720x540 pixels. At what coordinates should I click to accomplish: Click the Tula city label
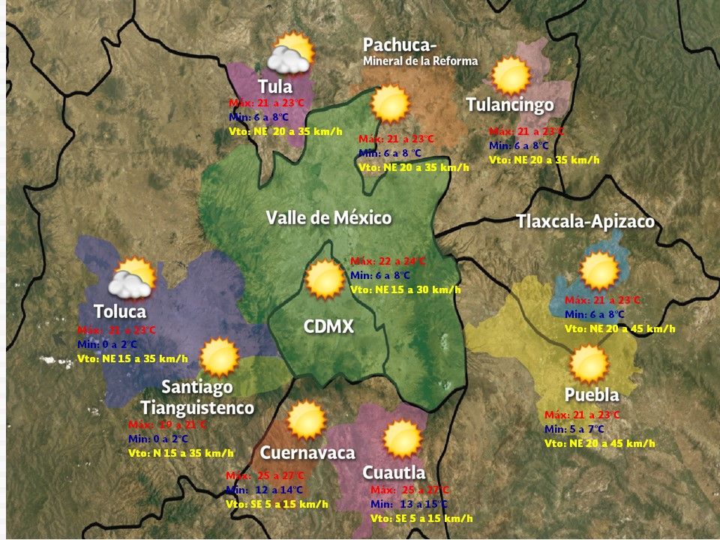click(275, 85)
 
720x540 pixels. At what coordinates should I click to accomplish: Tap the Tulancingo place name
click(509, 104)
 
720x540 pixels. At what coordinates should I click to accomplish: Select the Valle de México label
click(328, 218)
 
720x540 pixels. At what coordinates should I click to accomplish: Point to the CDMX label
click(328, 327)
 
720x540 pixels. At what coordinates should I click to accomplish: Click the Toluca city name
click(120, 310)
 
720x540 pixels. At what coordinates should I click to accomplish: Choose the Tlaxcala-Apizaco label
click(585, 222)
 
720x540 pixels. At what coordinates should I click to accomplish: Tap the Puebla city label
click(592, 395)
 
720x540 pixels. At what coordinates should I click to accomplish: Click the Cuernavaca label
click(307, 453)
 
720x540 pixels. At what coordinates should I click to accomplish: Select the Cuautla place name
click(394, 472)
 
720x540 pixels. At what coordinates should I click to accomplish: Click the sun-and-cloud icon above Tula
click(289, 54)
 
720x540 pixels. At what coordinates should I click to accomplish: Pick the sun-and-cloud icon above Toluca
click(131, 277)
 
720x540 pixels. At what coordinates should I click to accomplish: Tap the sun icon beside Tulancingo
click(511, 76)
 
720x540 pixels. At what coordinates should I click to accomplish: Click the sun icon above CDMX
click(325, 279)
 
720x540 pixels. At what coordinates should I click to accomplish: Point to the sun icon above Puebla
click(589, 364)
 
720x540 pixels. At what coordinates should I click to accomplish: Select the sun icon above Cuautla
click(403, 439)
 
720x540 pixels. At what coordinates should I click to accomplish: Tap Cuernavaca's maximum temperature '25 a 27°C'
click(265, 475)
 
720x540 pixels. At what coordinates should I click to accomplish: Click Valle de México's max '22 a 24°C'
click(388, 261)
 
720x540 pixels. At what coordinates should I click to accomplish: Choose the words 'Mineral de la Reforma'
click(420, 61)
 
